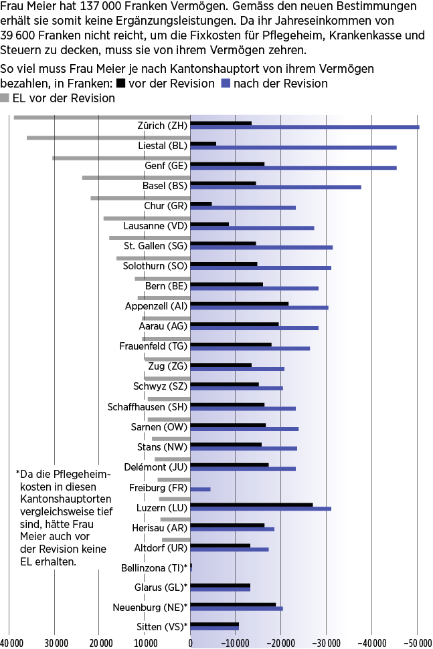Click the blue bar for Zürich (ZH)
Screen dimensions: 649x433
click(305, 127)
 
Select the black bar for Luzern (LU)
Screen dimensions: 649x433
click(252, 505)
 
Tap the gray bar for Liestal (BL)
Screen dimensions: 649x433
click(108, 138)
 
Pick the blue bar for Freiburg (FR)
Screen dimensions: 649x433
click(200, 489)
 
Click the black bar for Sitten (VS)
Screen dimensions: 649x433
click(214, 625)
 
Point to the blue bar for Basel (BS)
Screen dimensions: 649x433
click(276, 187)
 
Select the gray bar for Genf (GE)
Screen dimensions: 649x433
click(121, 158)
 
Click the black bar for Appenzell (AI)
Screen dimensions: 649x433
click(240, 304)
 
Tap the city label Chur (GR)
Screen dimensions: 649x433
click(165, 206)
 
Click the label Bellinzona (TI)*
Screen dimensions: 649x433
click(154, 568)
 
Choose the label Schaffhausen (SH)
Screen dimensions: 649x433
click(147, 407)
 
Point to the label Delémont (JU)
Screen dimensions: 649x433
click(155, 467)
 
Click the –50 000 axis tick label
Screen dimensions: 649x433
click(417, 643)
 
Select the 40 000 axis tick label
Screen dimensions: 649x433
click(10, 643)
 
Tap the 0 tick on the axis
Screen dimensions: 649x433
click(191, 643)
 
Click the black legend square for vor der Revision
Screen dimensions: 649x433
click(121, 84)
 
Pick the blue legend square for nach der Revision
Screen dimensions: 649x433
click(226, 84)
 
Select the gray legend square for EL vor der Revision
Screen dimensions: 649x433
click(5, 98)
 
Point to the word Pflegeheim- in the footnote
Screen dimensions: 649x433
click(82, 474)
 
